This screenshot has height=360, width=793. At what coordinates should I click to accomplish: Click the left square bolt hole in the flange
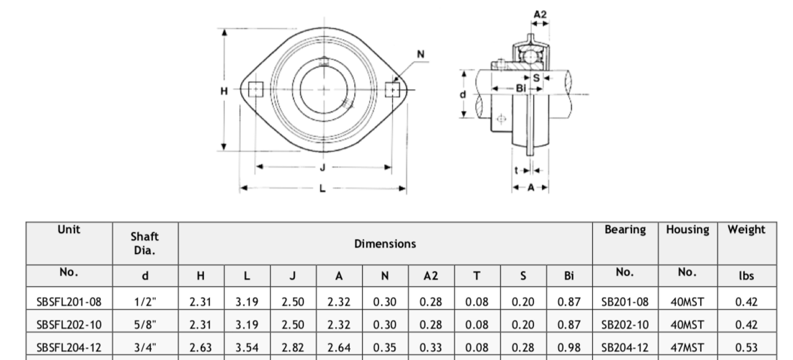coord(255,90)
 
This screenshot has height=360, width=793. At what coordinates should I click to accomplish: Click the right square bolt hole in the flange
coord(391,90)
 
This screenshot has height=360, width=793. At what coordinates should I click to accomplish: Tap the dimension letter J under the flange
coord(323,167)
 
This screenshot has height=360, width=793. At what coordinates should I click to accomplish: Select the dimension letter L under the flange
coord(322,188)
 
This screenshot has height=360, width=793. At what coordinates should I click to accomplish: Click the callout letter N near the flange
coord(421,55)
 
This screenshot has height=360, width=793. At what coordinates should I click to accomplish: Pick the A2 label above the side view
coord(540,14)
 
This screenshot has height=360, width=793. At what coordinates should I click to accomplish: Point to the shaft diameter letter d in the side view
coord(462,94)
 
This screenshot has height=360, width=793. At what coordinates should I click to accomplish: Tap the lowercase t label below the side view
coord(515,169)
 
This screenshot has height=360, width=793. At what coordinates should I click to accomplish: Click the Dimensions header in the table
coord(385,244)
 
